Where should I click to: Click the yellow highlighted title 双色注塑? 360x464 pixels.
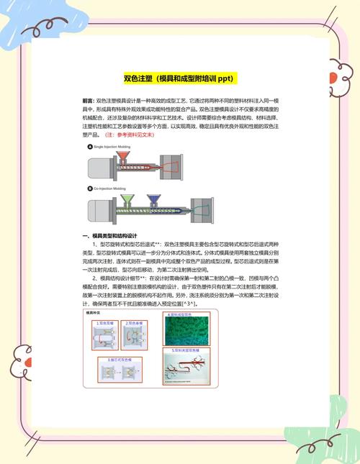(x=181, y=78)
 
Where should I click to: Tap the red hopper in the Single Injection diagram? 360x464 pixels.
(x=123, y=156)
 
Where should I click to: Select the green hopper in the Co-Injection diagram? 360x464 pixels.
(x=128, y=198)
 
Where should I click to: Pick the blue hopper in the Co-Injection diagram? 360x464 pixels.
(x=153, y=198)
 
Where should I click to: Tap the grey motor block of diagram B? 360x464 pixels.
(x=96, y=210)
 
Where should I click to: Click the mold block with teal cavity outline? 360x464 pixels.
(x=202, y=209)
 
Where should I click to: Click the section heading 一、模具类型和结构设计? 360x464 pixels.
(x=109, y=236)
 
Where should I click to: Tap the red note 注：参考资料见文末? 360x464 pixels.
(x=130, y=135)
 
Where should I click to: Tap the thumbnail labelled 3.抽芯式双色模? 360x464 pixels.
(x=120, y=368)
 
